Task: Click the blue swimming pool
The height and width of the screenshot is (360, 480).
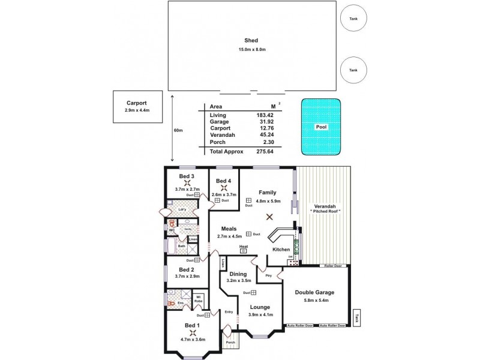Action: pos(321,127)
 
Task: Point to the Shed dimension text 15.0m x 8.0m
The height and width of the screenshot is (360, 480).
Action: pos(251,49)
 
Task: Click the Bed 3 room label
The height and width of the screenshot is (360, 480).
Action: pos(187,176)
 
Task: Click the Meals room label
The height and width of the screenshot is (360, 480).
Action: pos(228,229)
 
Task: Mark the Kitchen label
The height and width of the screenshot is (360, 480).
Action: pos(281,249)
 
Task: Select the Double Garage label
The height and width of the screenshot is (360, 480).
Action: pos(314,292)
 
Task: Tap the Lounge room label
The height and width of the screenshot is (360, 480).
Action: pos(260,306)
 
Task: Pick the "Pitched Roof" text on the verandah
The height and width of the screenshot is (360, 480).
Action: pos(325,212)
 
